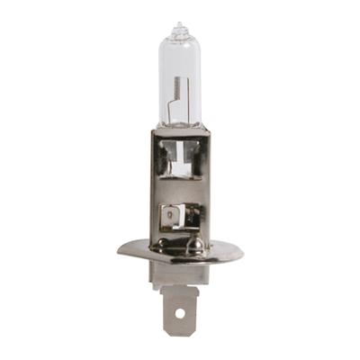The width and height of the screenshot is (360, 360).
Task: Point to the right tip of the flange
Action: [242, 255]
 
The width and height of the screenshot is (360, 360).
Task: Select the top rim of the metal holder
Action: [179, 130]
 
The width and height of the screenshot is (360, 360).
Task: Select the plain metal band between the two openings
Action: [179, 193]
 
